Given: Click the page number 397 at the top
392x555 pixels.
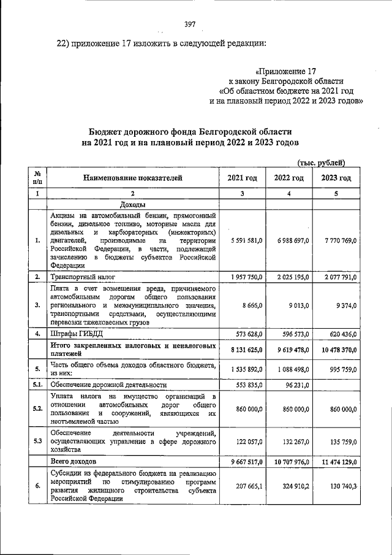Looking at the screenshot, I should pos(189,24).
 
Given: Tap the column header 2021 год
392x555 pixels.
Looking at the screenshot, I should pos(242,178).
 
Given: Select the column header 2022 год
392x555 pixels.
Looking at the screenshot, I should pos(288,178).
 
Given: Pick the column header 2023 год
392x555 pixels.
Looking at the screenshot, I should pos(336,178).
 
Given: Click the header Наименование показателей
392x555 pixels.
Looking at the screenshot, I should pos(133,178).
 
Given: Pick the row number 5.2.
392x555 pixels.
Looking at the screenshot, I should pos(37,408).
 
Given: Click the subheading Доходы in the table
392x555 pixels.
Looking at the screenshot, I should pos(132,205).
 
